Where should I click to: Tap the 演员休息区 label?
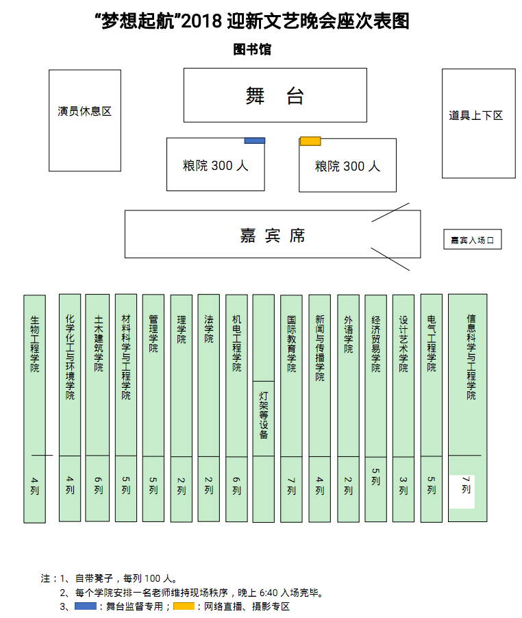click(x=84, y=111)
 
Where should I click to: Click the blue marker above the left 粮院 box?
click(x=255, y=140)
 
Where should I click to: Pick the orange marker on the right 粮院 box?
click(x=310, y=141)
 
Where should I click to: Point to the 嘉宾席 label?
click(x=272, y=236)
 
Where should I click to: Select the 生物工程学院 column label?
click(x=35, y=343)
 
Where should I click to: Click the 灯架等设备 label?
click(x=264, y=415)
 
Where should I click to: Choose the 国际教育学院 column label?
click(x=292, y=343)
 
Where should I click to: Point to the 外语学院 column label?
click(x=348, y=334)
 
